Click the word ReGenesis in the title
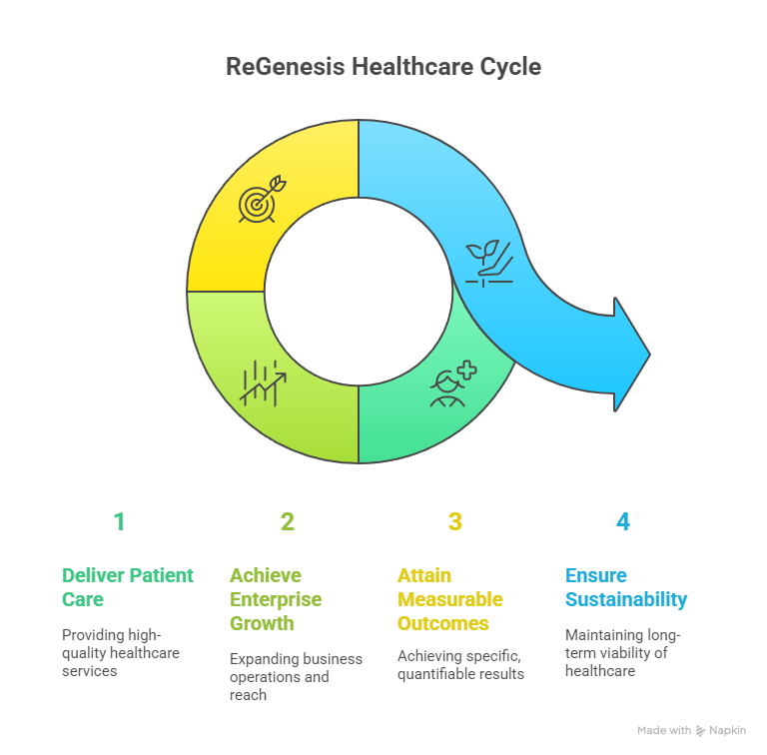pyautogui.click(x=286, y=67)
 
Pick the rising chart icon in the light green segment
pyautogui.click(x=263, y=383)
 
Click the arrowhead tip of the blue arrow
pyautogui.click(x=650, y=355)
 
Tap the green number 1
pyautogui.click(x=120, y=521)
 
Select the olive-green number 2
pyautogui.click(x=288, y=521)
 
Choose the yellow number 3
pyautogui.click(x=455, y=521)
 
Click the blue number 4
pyautogui.click(x=623, y=521)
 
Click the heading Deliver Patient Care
pyautogui.click(x=128, y=587)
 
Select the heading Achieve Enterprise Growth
pyautogui.click(x=276, y=599)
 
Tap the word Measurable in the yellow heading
pyautogui.click(x=450, y=599)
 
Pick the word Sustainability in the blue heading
pyautogui.click(x=626, y=600)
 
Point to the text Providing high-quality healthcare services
pyautogui.click(x=121, y=653)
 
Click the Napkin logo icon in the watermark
pyautogui.click(x=700, y=731)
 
